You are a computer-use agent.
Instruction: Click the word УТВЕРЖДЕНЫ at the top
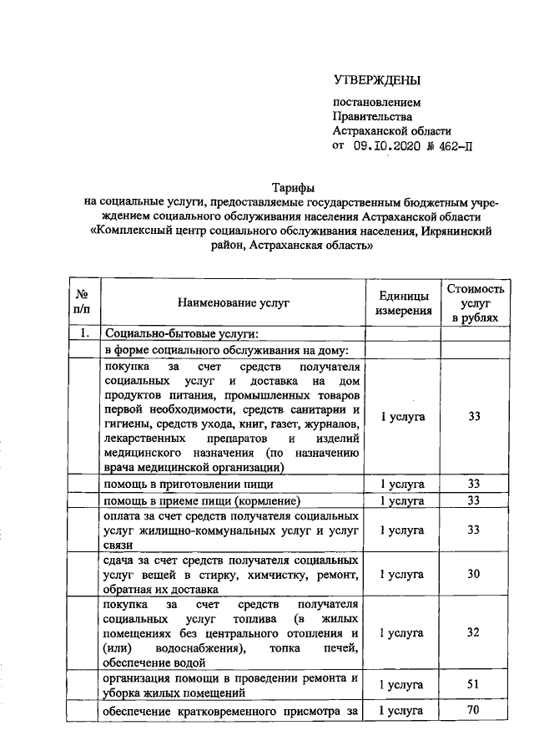pos(376,80)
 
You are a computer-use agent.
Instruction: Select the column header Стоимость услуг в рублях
pos(474,303)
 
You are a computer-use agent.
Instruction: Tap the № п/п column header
pos(82,303)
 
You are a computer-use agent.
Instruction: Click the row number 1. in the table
pos(83,334)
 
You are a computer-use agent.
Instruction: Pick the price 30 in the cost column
pos(473,574)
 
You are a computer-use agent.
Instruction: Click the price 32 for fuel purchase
pos(473,632)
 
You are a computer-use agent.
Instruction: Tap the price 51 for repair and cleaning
pos(473,684)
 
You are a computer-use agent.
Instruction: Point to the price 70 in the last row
pos(473,711)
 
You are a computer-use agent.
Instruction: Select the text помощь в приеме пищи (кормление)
pos(202,500)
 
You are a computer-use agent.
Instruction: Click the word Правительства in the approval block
pos(371,116)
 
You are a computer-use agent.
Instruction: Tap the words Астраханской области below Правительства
pos(391,130)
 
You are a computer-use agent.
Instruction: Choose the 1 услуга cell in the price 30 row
pos(402,574)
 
